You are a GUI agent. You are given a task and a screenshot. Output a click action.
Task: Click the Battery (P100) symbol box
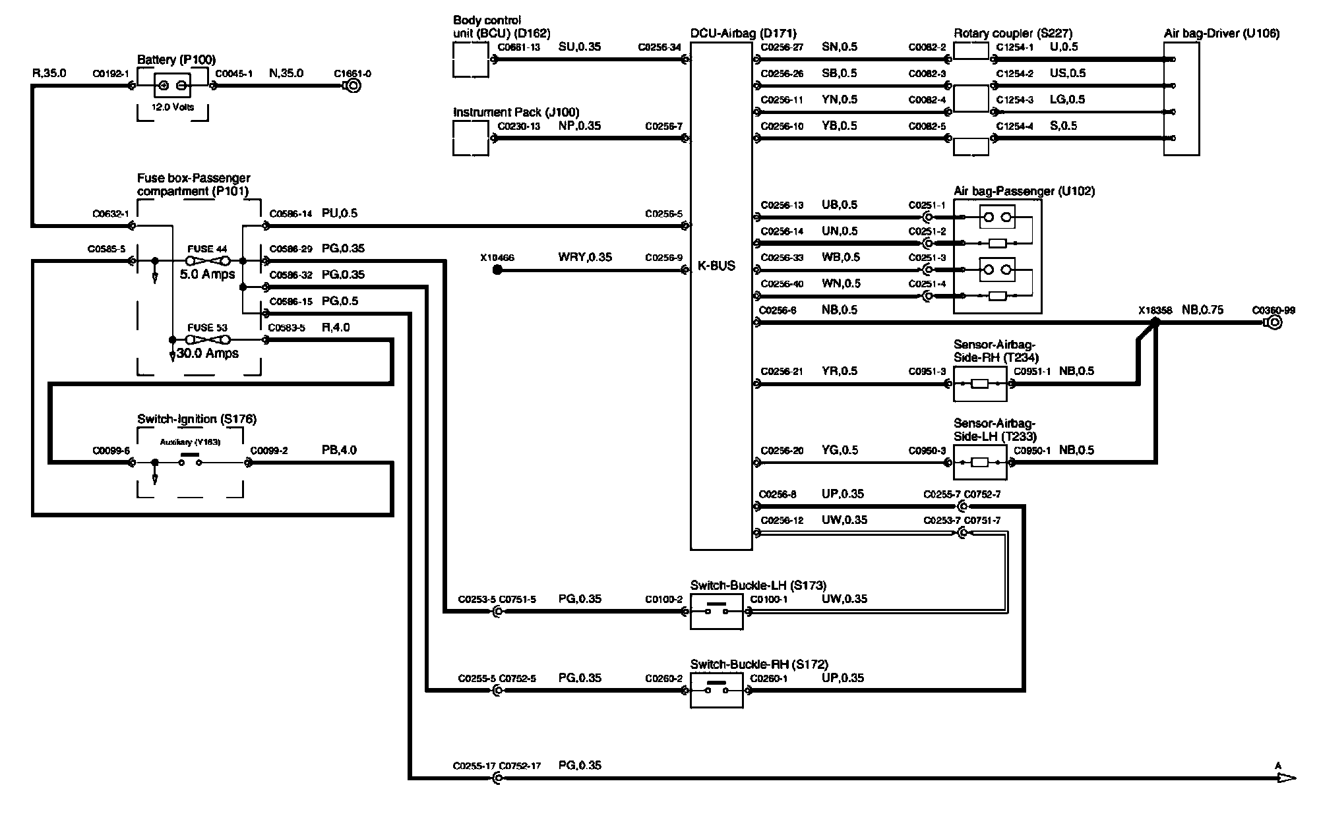pyautogui.click(x=173, y=86)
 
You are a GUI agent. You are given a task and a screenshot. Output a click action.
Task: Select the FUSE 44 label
pyautogui.click(x=207, y=249)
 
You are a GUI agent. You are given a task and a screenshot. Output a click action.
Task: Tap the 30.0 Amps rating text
pyautogui.click(x=208, y=354)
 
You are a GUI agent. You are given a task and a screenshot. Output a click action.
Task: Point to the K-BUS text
pyautogui.click(x=716, y=266)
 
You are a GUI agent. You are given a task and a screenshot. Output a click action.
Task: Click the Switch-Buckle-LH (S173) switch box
pyautogui.click(x=716, y=612)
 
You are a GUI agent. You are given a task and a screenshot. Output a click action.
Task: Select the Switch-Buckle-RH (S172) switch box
pyautogui.click(x=716, y=691)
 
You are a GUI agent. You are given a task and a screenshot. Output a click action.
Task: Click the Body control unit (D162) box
pyautogui.click(x=471, y=60)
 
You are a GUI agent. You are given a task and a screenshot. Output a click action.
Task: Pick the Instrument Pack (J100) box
pyautogui.click(x=471, y=138)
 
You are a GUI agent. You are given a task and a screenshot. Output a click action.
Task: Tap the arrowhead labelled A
pyautogui.click(x=1285, y=778)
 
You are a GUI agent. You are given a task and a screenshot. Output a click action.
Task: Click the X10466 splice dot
pyautogui.click(x=497, y=270)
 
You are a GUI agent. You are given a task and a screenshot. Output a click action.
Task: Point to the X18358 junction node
pyautogui.click(x=1155, y=322)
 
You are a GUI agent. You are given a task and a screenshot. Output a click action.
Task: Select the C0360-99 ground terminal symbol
pyautogui.click(x=1274, y=323)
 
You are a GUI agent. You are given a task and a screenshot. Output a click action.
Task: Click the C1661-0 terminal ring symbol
pyautogui.click(x=353, y=86)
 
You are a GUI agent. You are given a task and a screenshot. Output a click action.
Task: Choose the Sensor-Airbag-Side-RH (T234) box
pyautogui.click(x=980, y=384)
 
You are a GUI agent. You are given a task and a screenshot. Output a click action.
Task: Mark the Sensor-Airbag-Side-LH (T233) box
pyautogui.click(x=980, y=463)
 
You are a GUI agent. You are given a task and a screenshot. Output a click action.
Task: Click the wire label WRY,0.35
pyautogui.click(x=584, y=258)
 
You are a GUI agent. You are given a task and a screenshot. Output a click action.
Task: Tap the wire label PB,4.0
pyautogui.click(x=339, y=451)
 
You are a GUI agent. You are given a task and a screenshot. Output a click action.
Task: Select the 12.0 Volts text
pyautogui.click(x=173, y=107)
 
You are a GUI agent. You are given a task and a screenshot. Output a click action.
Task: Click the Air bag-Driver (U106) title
pyautogui.click(x=1221, y=34)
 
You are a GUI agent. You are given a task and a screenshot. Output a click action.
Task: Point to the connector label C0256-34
pyautogui.click(x=659, y=47)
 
